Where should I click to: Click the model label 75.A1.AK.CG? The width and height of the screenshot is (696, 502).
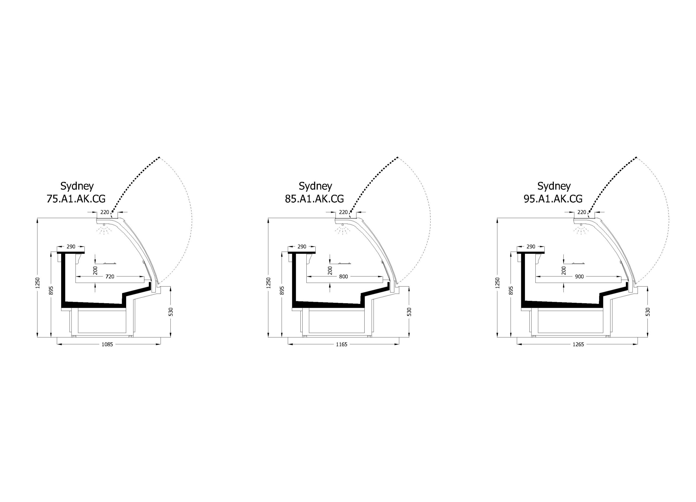coord(76,199)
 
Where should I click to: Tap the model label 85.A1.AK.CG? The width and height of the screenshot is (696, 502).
coord(314,199)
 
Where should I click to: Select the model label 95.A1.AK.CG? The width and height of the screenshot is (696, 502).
coord(553,199)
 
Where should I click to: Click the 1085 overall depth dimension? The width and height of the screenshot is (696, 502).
coord(107,344)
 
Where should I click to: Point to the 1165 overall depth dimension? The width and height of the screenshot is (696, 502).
coord(341,344)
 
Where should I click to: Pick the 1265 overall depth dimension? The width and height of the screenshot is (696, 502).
coord(578,344)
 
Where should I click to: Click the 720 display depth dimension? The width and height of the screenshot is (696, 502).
coord(110,277)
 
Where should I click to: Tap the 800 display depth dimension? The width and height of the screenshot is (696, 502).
coord(344,277)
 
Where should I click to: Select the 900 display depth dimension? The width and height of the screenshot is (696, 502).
coord(579,277)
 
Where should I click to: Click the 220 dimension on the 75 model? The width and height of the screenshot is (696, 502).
coord(105,212)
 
